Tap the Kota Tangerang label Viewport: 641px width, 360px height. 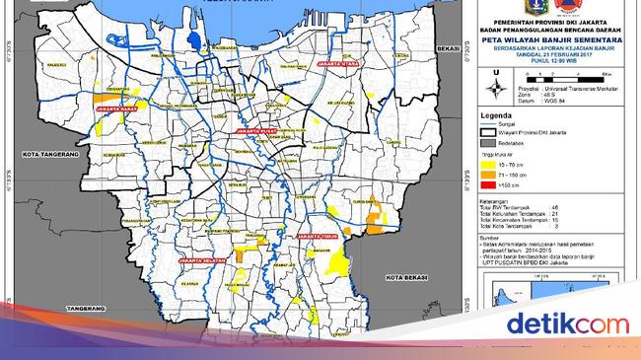43,153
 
